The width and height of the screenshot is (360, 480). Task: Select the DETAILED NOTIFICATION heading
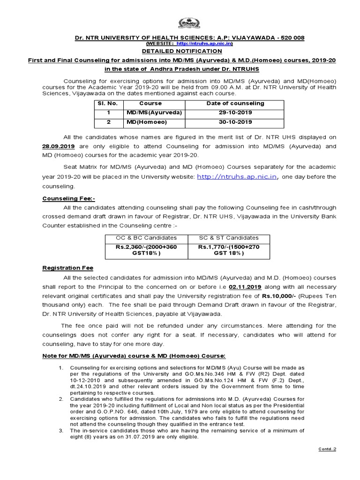(x=180, y=51)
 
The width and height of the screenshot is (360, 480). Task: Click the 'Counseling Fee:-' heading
(x=68, y=199)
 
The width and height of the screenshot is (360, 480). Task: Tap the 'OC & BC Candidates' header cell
(x=146, y=238)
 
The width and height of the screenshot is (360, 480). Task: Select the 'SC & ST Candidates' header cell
(x=228, y=238)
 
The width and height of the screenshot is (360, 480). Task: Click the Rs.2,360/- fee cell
(x=146, y=250)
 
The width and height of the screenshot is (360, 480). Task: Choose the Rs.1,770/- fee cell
(x=228, y=250)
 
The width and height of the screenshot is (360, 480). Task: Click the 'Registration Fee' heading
(x=67, y=268)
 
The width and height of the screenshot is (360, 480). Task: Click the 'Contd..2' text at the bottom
(x=327, y=449)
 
